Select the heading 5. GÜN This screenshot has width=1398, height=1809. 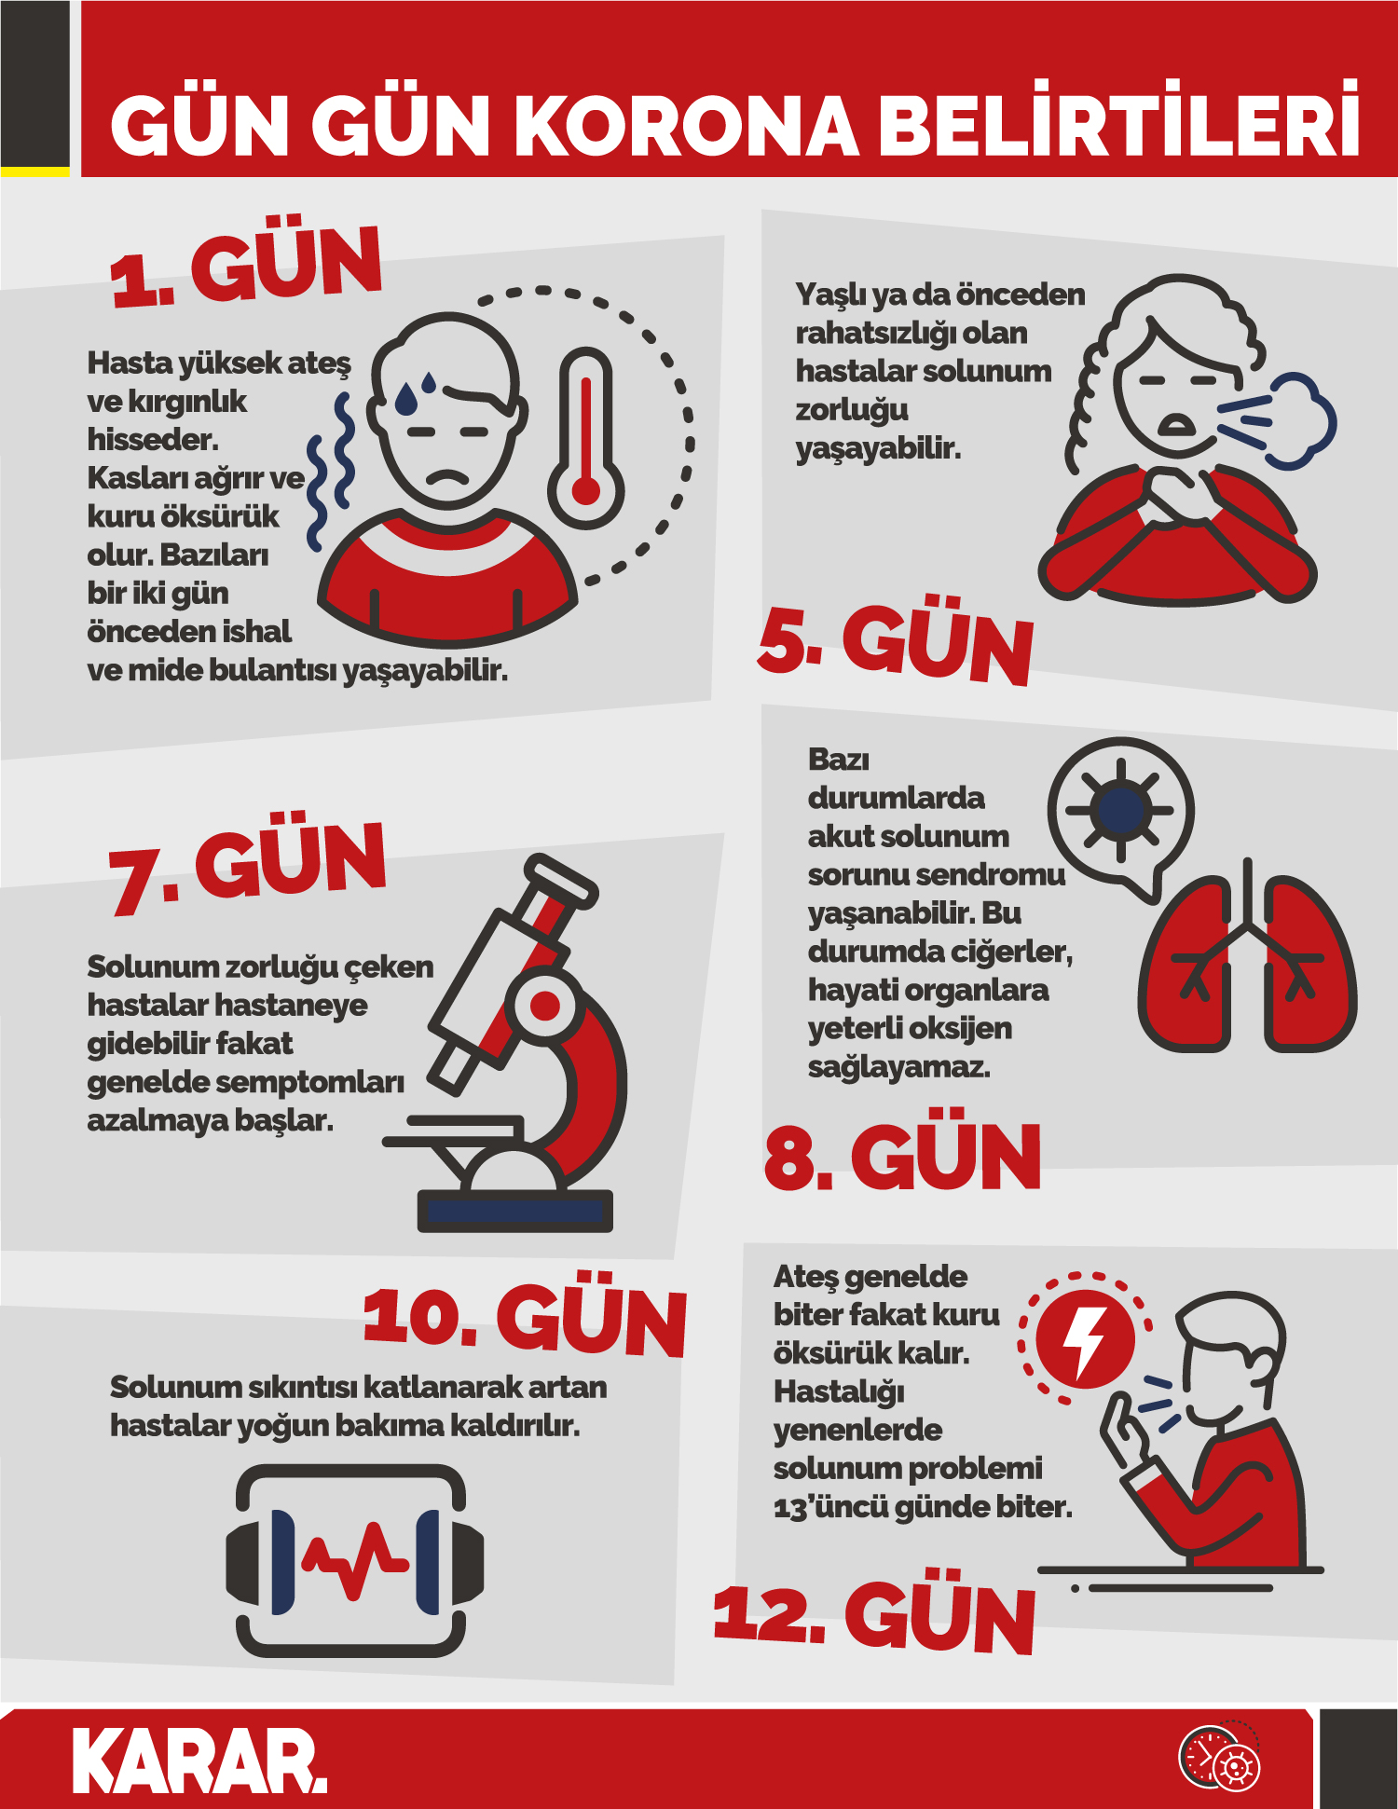click(x=895, y=639)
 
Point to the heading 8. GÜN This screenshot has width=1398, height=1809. click(x=902, y=1154)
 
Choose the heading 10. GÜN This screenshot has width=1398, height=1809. click(x=525, y=1314)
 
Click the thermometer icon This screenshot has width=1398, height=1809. click(x=585, y=438)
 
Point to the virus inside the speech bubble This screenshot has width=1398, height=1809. click(x=1120, y=809)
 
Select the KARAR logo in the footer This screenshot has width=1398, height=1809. click(x=200, y=1761)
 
